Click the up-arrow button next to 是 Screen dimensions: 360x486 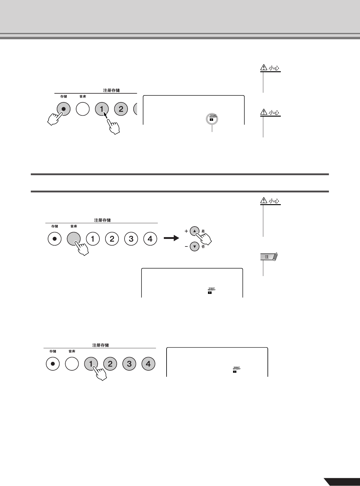coord(195,231)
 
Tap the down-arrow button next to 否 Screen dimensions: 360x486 coord(195,247)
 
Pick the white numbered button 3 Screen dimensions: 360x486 coord(131,239)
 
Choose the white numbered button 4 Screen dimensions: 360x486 coord(150,239)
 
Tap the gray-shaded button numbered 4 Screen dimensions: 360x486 coord(148,364)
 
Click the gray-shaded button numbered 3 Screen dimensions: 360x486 coord(129,364)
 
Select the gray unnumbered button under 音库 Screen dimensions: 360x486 coord(74,239)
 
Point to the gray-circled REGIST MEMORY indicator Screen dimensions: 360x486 coord(212,119)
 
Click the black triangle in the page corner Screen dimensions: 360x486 coord(342,482)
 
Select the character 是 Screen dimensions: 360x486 coord(203,231)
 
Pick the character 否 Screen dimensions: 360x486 coord(203,247)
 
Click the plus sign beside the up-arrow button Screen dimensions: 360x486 coord(186,231)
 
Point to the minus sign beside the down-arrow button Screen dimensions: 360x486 coord(186,247)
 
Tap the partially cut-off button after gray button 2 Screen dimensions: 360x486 coord(136,109)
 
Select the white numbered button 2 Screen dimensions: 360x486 coord(112,239)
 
